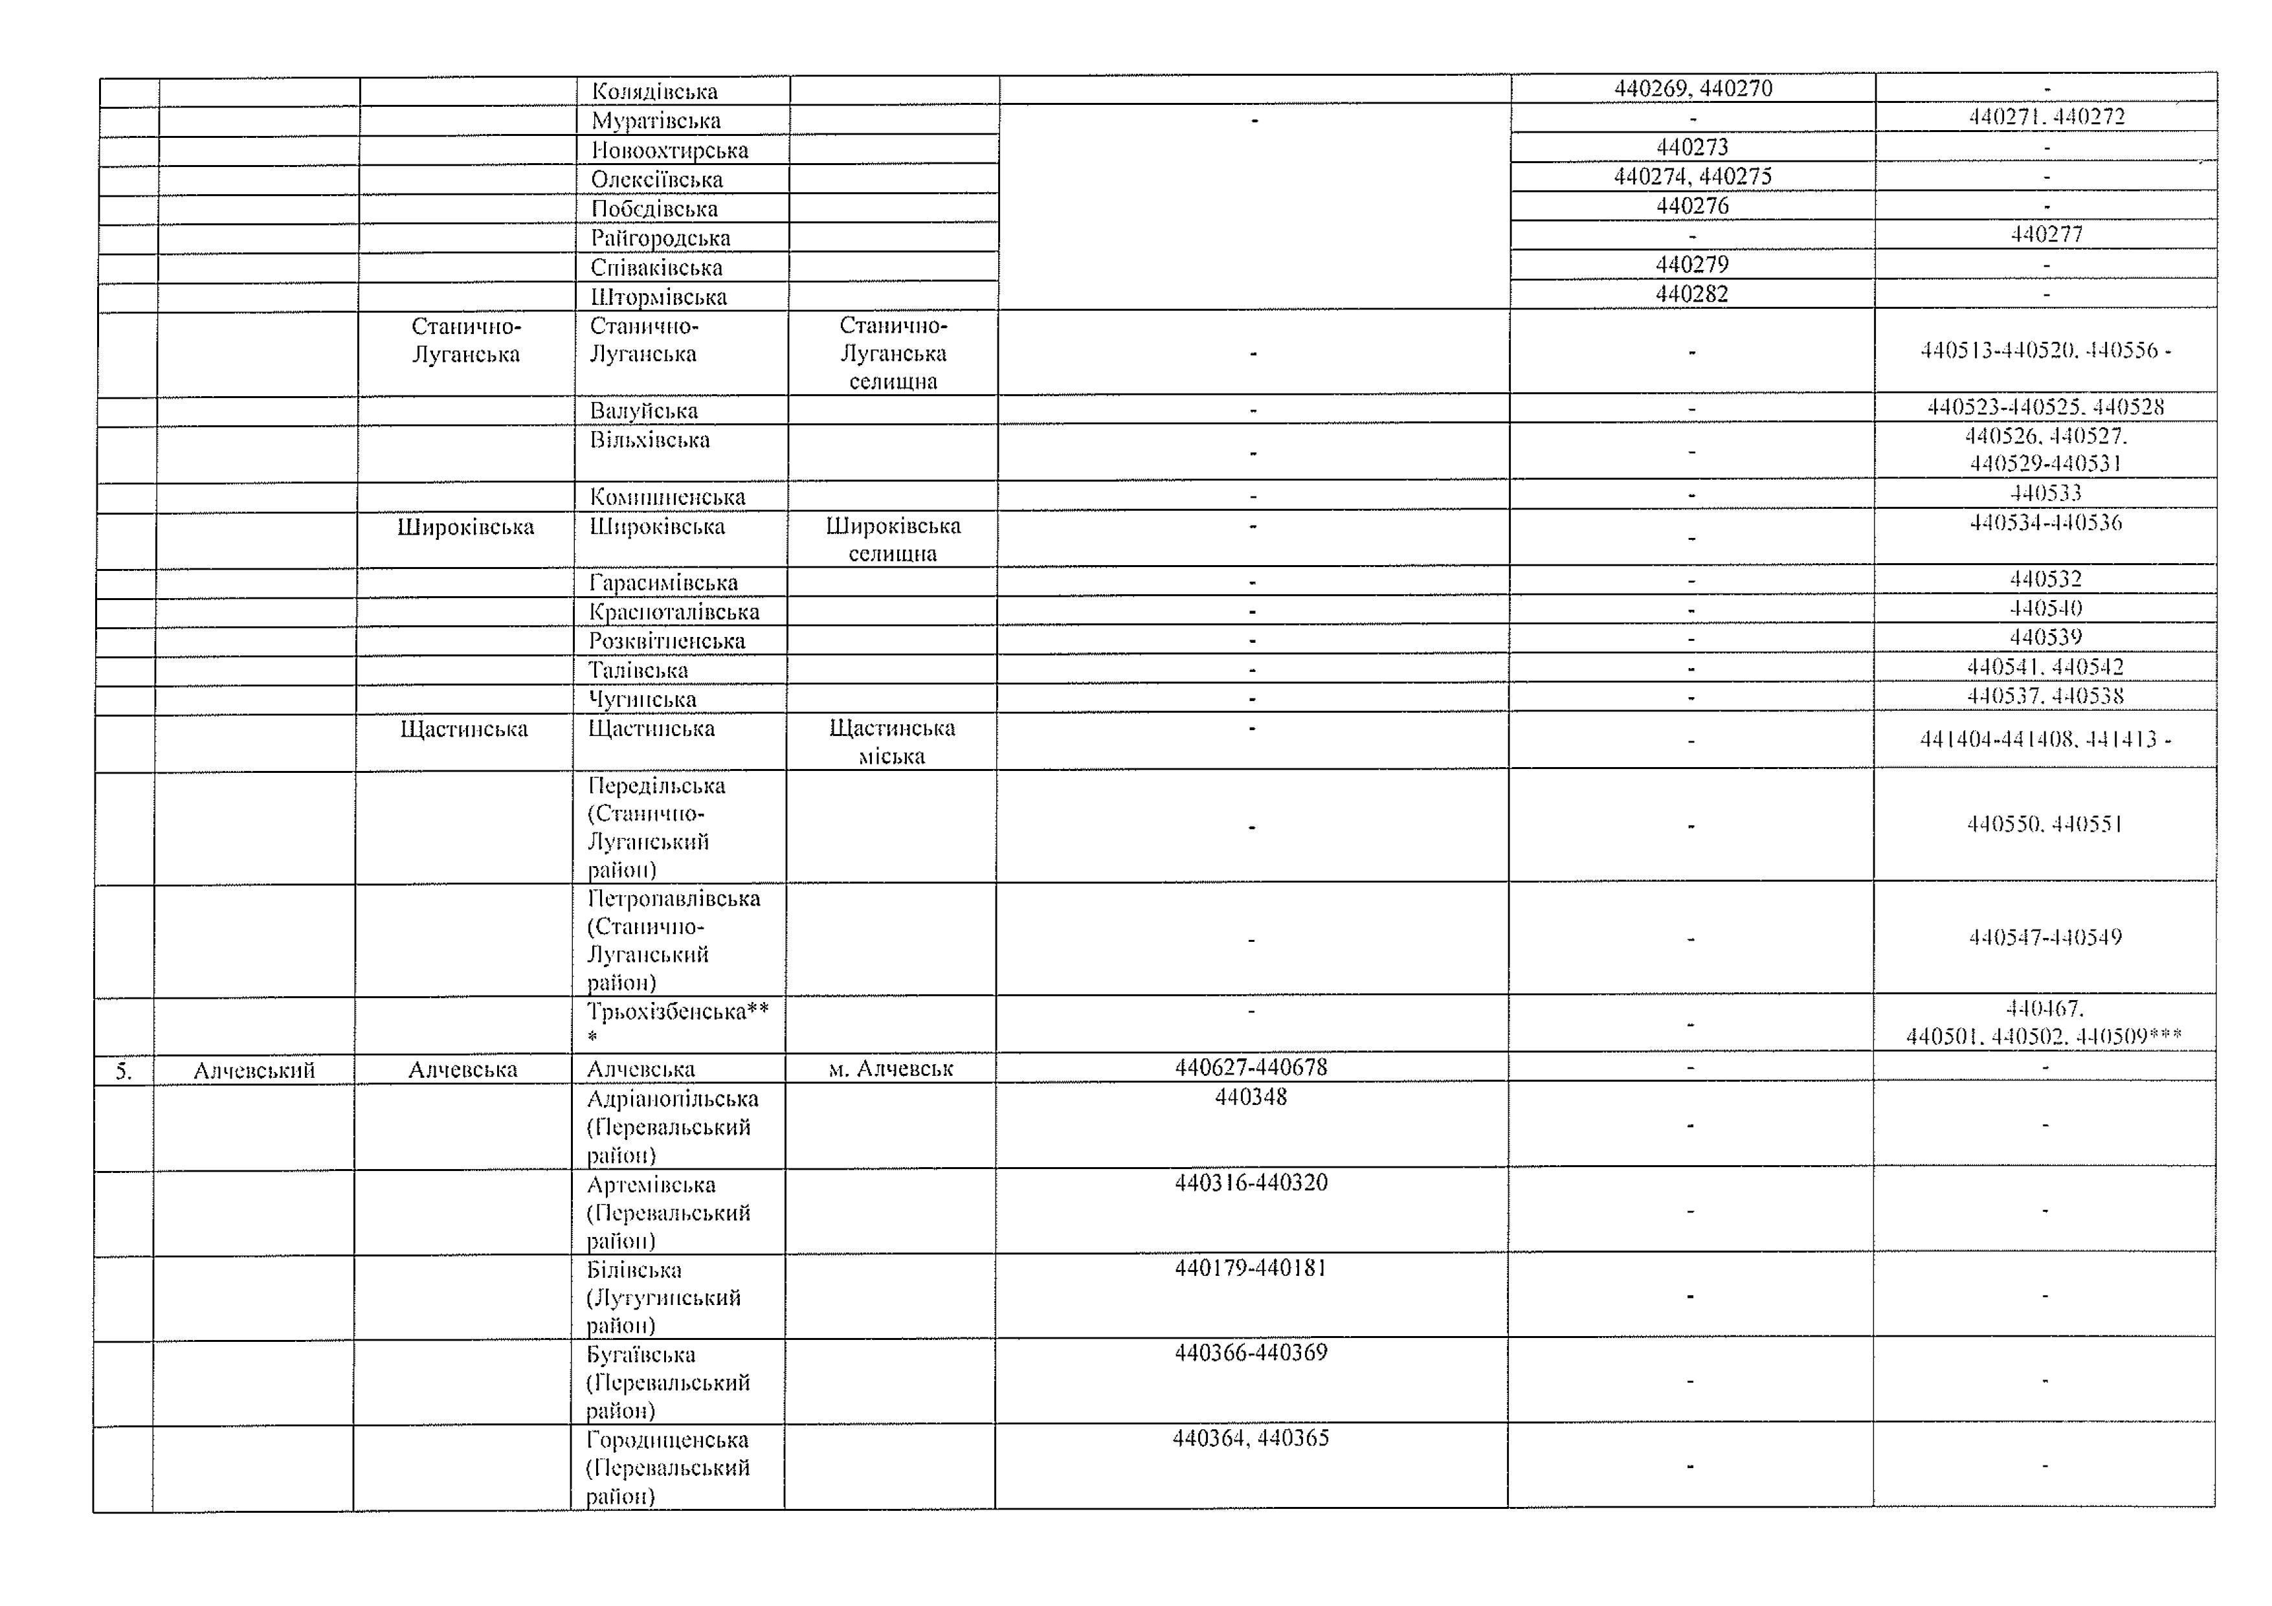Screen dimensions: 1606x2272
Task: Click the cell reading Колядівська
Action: tap(654, 92)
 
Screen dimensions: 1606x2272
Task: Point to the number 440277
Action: tap(2046, 234)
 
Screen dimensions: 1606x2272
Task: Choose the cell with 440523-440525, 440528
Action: tap(2045, 407)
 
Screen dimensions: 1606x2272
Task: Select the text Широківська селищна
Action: tap(893, 539)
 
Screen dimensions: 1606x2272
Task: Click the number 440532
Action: tap(2045, 578)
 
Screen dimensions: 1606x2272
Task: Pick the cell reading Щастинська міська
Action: tap(891, 742)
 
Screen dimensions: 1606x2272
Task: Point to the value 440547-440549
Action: tap(2045, 937)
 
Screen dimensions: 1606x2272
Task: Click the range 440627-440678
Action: tap(1251, 1067)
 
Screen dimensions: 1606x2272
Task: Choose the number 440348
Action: tap(1251, 1097)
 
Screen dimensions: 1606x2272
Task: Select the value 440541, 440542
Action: tap(2045, 667)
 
